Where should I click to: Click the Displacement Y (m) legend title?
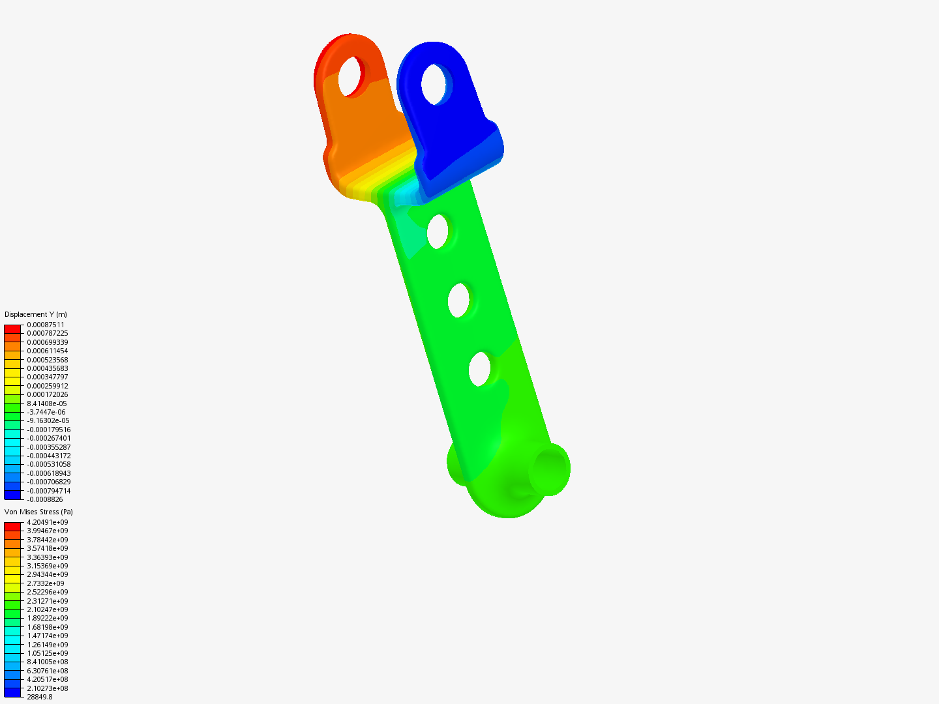[x=36, y=314]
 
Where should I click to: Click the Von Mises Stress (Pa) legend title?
[x=38, y=512]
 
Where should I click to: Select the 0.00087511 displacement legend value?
[x=46, y=325]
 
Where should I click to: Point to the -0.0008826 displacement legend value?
[x=44, y=499]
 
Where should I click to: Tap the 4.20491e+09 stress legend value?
[x=47, y=522]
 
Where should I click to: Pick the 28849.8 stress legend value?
[x=39, y=697]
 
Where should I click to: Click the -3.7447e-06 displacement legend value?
[x=46, y=412]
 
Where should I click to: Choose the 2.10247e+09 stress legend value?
[x=47, y=609]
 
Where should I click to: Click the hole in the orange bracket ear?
[x=351, y=76]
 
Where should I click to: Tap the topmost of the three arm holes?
[x=437, y=231]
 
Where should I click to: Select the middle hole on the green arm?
[x=458, y=301]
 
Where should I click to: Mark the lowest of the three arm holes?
[x=479, y=369]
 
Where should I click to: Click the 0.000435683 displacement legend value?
[x=47, y=368]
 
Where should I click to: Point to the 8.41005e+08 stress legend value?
[x=47, y=662]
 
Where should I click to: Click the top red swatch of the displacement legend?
[x=12, y=329]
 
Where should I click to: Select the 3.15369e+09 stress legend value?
[x=47, y=566]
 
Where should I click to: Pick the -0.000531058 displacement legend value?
[x=48, y=464]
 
